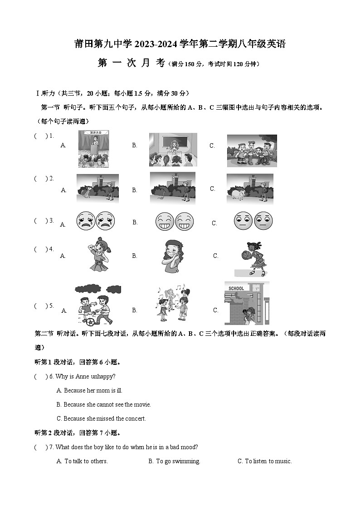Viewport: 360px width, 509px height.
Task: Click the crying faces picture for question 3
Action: [x=96, y=221]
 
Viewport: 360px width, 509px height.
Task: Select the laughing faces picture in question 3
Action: [x=175, y=221]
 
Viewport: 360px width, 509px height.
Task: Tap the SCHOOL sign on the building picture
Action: [x=236, y=288]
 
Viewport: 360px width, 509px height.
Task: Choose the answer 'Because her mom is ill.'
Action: [x=89, y=390]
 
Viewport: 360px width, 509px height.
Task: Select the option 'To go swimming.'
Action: [x=174, y=461]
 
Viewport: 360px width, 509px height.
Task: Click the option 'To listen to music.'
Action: [x=265, y=461]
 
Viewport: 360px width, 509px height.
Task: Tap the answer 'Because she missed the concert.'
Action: [x=101, y=418]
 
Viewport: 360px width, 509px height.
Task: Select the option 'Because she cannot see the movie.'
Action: [x=103, y=404]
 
